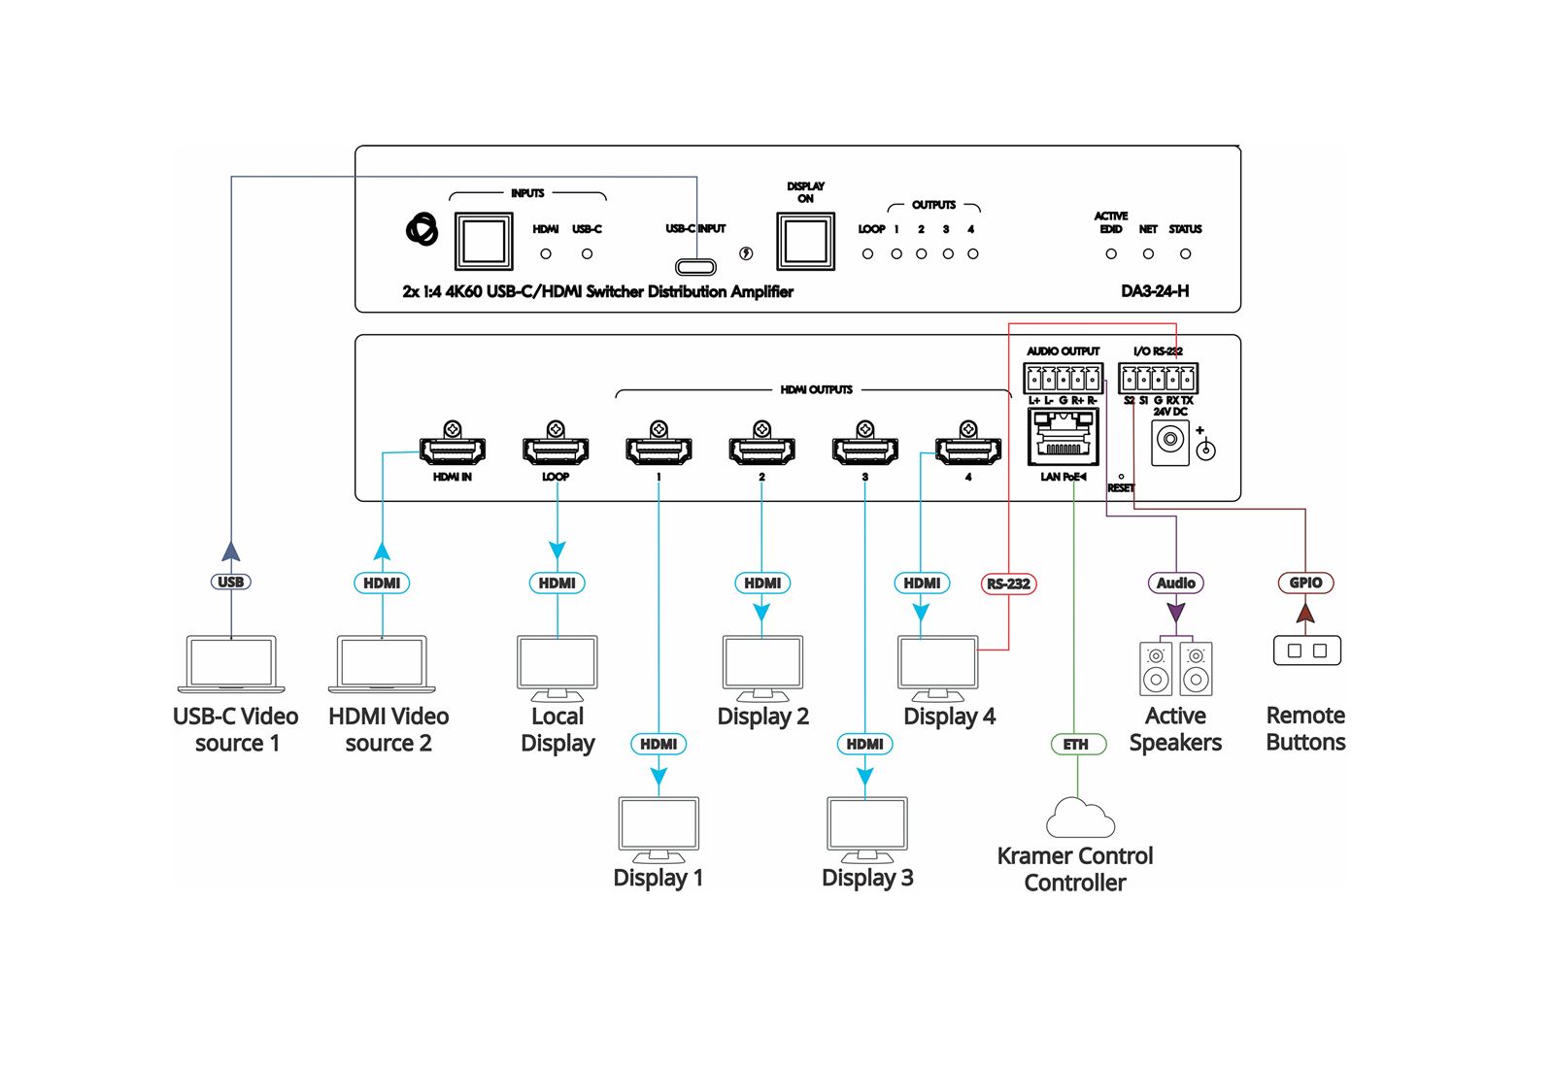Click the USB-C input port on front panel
point(695,267)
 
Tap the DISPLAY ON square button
point(805,241)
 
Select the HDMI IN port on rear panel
point(453,450)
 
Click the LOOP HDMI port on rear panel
point(556,450)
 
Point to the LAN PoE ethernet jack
point(1064,438)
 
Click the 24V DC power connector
point(1170,441)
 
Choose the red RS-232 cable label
point(1008,584)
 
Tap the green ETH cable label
point(1076,745)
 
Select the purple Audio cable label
point(1176,584)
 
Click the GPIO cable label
point(1305,583)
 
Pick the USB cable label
point(231,583)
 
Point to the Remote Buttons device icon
point(1306,651)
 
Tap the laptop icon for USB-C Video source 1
point(231,664)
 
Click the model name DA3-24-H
point(1155,291)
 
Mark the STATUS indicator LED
point(1185,254)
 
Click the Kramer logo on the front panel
point(422,230)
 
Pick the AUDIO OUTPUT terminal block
point(1063,378)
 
